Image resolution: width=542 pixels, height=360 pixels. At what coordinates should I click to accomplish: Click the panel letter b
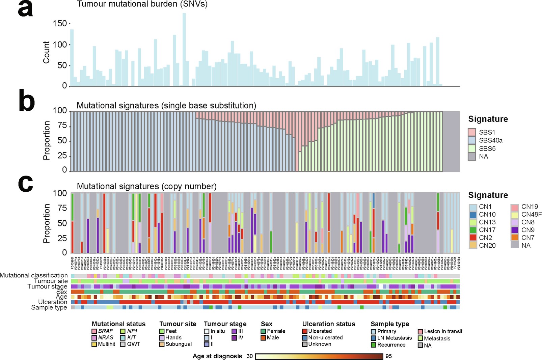point(27,101)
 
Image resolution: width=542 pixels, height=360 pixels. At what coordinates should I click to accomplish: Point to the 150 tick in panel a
point(60,24)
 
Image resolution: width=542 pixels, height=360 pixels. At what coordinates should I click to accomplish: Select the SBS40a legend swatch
point(472,140)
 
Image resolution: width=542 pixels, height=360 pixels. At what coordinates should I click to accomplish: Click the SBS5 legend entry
point(487,148)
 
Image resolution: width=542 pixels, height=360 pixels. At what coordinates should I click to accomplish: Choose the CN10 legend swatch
point(473,214)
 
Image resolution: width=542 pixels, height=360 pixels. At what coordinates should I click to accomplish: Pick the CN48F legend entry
point(531,214)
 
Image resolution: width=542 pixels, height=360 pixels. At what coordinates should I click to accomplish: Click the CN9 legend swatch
point(515,230)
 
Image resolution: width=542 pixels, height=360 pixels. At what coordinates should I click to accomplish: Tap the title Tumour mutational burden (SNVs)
point(142,4)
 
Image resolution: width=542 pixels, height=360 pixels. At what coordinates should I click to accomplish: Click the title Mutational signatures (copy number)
point(146,186)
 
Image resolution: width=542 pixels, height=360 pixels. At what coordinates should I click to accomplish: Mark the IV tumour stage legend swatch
point(234,338)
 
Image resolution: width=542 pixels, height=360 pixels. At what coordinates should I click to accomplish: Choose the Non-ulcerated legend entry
point(325,338)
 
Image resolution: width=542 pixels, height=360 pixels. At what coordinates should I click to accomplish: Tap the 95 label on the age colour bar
point(389,356)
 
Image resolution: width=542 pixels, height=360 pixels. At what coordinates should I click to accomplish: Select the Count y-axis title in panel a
point(46,52)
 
